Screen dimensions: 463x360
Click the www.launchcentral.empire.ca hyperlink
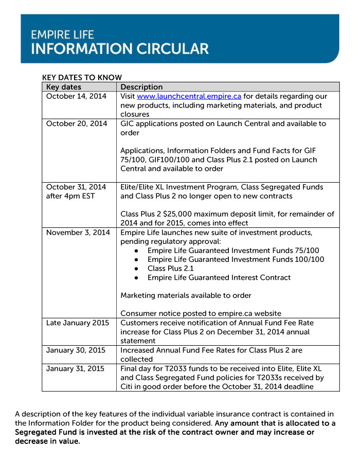[x=189, y=96]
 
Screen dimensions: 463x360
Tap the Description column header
[x=141, y=87]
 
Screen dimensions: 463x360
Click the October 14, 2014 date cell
[x=76, y=96]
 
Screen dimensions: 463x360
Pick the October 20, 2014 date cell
[x=77, y=123]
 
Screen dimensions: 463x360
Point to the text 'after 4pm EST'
[x=70, y=196]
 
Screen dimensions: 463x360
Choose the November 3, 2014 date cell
[x=78, y=233]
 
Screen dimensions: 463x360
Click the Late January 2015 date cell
[x=78, y=323]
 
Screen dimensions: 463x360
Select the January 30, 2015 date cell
[x=76, y=350]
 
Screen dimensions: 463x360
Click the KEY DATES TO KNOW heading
[x=82, y=78]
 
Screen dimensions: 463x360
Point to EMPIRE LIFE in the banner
[x=62, y=34]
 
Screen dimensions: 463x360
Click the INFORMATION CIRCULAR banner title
[x=120, y=49]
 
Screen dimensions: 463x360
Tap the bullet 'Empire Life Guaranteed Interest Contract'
[x=219, y=277]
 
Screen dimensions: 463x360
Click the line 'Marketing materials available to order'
[x=186, y=295]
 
